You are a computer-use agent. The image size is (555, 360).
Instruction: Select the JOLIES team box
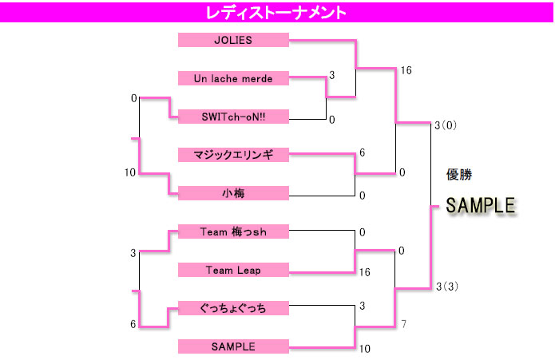coord(233,40)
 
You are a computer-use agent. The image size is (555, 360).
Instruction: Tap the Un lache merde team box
coord(233,78)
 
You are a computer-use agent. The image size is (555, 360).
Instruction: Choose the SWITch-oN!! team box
coord(233,117)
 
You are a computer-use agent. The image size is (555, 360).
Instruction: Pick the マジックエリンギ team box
coord(233,155)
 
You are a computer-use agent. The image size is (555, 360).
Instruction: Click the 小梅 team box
coord(233,193)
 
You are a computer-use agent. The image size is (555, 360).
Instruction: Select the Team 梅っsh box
coord(233,231)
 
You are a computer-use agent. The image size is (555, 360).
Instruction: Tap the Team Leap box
coord(233,270)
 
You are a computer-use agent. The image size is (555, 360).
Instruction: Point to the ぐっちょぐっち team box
coord(233,308)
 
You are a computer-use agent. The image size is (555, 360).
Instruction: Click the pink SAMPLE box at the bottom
coord(233,346)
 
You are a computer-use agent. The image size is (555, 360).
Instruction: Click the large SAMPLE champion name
coord(480,206)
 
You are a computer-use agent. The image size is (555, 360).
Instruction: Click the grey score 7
coord(404,324)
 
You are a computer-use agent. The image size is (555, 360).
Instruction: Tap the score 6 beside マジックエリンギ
coord(362,152)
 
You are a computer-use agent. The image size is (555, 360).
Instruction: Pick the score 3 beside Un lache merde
coord(331,75)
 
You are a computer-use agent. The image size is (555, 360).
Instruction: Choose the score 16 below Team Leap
coord(364,272)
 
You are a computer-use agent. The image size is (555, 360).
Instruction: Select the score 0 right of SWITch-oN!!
coord(331,121)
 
